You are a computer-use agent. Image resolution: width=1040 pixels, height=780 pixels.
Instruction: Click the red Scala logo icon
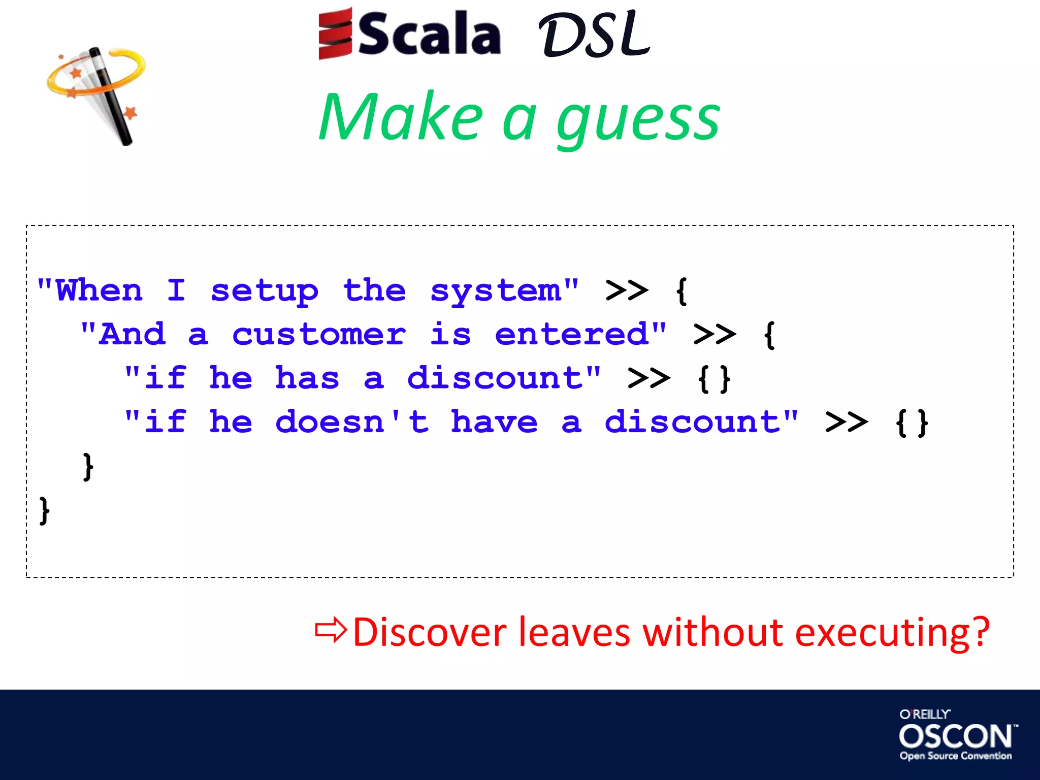335,34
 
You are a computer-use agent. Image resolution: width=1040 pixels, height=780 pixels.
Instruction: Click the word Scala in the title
430,35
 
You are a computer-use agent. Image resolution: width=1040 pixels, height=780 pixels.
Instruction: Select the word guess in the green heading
638,119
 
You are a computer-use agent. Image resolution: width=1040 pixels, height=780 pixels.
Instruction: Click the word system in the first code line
496,291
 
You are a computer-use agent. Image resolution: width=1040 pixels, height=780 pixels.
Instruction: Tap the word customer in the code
319,335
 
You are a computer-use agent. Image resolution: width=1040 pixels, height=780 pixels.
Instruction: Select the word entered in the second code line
572,335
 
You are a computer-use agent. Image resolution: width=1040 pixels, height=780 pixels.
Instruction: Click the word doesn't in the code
352,422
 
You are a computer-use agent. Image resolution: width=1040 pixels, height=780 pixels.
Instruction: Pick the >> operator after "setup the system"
627,291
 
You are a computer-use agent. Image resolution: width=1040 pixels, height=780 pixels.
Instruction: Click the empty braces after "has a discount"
714,379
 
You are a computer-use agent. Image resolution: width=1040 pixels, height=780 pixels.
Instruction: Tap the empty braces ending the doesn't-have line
912,422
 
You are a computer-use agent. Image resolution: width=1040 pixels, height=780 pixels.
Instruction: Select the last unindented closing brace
45,510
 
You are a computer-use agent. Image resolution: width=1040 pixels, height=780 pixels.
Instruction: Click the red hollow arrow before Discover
331,631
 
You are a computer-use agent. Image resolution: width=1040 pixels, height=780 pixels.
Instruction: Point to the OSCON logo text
956,736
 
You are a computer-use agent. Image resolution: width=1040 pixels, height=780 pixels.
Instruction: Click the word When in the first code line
100,291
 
